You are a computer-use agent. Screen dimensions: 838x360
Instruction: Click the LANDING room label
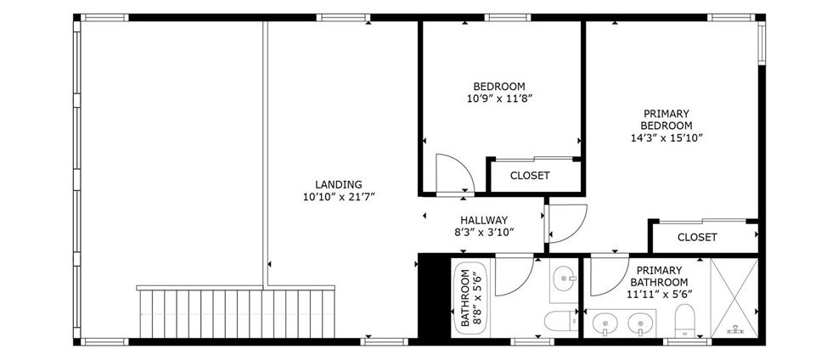click(x=338, y=185)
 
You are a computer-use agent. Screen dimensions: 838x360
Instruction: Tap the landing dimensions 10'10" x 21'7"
click(x=338, y=197)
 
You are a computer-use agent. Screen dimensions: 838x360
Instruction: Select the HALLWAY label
click(x=484, y=220)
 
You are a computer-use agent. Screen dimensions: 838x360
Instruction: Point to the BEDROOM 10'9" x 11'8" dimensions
click(x=499, y=98)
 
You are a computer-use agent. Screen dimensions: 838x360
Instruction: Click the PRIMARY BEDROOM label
click(x=666, y=120)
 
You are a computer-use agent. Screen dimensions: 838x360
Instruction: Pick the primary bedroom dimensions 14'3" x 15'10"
click(x=666, y=138)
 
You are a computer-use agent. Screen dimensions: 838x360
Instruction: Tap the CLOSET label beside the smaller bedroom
click(x=530, y=176)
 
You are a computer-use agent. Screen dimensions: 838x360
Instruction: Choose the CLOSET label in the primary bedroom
click(x=697, y=237)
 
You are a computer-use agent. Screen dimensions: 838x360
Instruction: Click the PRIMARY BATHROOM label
click(x=659, y=276)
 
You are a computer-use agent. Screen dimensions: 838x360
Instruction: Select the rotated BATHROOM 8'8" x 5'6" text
click(x=470, y=298)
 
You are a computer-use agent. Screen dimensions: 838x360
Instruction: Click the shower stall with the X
click(x=734, y=297)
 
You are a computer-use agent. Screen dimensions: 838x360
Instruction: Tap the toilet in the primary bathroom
click(x=684, y=320)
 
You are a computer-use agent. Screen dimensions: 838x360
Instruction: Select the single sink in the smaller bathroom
click(x=564, y=278)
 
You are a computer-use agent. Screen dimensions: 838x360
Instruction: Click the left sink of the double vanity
click(x=605, y=323)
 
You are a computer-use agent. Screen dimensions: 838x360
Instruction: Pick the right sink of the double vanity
click(x=639, y=323)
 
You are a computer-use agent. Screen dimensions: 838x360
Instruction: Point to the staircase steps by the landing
click(x=237, y=312)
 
